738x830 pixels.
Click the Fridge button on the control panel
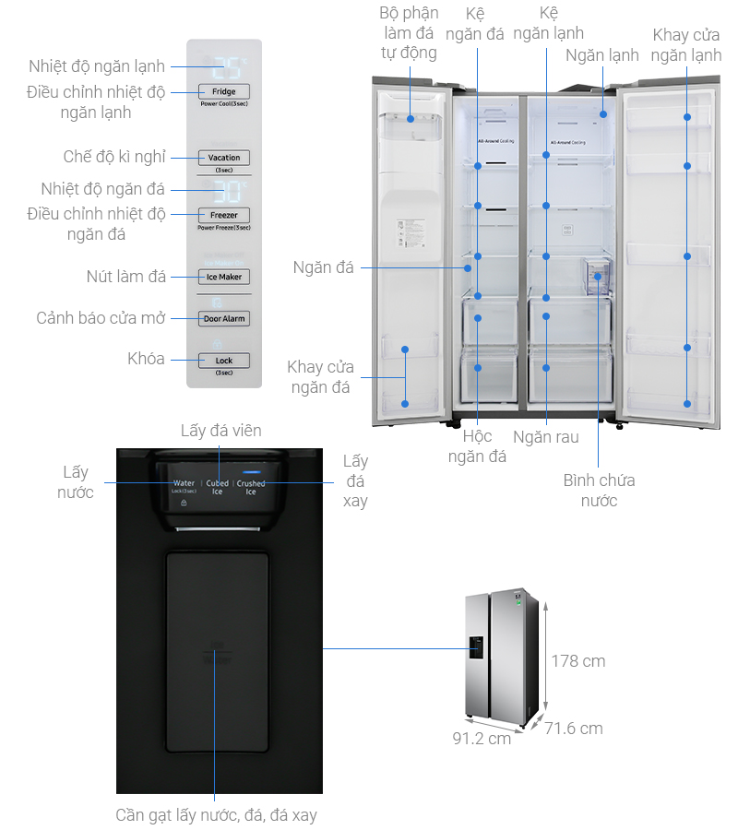pos(223,91)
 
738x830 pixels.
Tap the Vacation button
pos(223,158)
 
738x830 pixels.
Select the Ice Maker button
pos(223,277)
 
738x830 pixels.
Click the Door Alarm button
pos(223,318)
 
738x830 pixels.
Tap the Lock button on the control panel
pos(223,361)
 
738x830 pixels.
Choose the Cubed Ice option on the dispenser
pos(218,487)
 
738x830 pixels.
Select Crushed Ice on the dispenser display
pos(250,487)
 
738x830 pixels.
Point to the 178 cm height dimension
pos(578,660)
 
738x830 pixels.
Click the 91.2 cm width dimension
pos(482,739)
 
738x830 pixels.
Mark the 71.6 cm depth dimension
pos(574,729)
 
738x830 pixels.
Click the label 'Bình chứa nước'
pos(599,490)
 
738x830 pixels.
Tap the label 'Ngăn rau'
pos(547,437)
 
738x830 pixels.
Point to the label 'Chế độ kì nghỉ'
pos(114,158)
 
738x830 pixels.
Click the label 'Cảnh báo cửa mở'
pos(101,318)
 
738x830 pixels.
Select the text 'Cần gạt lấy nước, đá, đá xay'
pos(216,815)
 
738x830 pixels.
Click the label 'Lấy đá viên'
pos(220,431)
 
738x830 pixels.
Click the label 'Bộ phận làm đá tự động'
pos(409,32)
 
